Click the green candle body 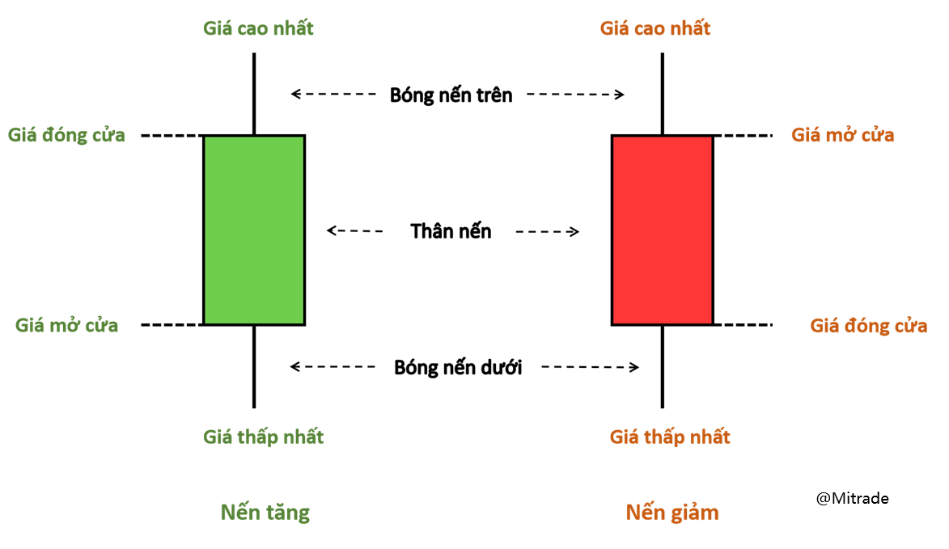click(254, 230)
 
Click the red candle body click(663, 230)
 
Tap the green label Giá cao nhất click(258, 28)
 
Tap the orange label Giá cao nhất click(655, 28)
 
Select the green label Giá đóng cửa click(67, 135)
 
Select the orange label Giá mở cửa click(843, 135)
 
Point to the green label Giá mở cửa click(67, 325)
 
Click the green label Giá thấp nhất click(263, 437)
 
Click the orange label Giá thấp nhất click(670, 437)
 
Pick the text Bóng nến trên click(451, 95)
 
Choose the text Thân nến click(451, 231)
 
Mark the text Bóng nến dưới click(458, 368)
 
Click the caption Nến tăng click(265, 512)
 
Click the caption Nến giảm click(672, 512)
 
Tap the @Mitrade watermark click(852, 498)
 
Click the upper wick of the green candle click(254, 93)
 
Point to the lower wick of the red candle click(663, 366)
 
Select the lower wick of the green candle click(254, 366)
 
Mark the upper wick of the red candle click(663, 93)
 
